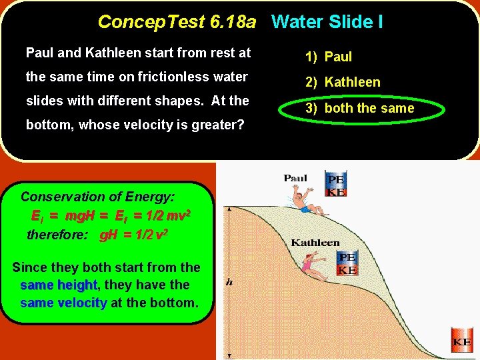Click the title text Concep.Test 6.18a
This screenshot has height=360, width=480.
coord(177,22)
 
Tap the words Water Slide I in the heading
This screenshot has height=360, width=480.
coord(327,22)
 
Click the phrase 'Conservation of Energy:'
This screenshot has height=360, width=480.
coord(97,197)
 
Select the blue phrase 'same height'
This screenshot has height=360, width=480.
coord(59,285)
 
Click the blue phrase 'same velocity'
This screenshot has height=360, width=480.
coord(63,303)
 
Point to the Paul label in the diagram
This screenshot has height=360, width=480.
coord(295,178)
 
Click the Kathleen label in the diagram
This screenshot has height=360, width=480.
coord(315,243)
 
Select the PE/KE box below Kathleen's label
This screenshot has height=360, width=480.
coord(347,263)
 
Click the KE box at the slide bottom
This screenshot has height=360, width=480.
coord(462,341)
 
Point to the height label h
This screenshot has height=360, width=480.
coord(229,282)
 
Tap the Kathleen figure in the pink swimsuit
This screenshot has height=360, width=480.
coord(312,268)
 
